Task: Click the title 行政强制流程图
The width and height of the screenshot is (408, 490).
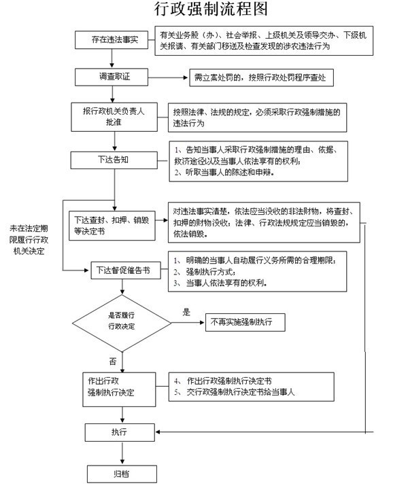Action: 211,9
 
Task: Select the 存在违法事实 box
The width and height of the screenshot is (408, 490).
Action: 112,39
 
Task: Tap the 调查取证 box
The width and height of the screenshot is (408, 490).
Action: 112,77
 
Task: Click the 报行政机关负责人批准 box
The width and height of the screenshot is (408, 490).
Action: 114,117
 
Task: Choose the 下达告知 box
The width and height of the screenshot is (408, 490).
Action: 114,160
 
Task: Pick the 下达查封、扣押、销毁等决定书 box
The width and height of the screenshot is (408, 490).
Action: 112,226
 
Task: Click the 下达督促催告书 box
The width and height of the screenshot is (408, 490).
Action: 126,270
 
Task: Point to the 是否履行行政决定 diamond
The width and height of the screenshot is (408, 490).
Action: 122,323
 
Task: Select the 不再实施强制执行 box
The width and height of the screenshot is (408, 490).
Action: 245,322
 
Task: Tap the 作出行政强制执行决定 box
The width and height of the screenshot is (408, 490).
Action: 119,389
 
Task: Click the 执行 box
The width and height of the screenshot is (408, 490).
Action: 120,432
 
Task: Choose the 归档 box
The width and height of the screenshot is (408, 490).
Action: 122,474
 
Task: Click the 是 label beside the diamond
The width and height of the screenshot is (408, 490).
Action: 186,312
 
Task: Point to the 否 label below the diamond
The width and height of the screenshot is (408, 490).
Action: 113,362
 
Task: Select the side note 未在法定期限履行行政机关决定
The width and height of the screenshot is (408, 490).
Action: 29,240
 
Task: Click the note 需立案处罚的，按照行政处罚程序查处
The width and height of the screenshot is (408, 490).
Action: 261,77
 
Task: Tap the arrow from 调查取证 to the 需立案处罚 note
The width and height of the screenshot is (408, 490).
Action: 168,77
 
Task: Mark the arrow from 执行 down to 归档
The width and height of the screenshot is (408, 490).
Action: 122,453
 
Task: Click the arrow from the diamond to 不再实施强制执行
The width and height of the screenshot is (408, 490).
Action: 188,322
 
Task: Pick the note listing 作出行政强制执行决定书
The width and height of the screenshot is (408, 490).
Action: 252,387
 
